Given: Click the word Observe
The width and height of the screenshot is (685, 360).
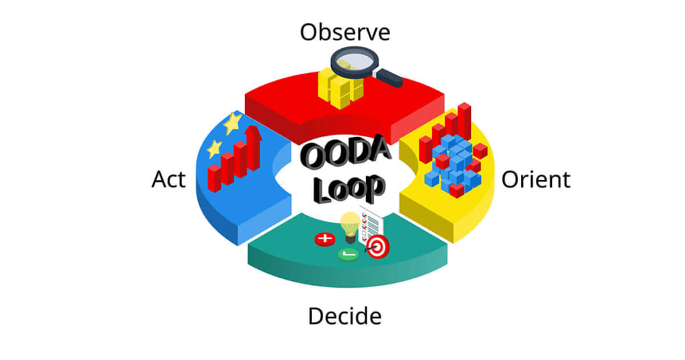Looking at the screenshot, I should coord(345,31).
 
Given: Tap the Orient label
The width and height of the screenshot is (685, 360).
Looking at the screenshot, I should coord(536,180).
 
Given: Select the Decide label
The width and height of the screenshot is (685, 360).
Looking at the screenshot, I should coord(345,316).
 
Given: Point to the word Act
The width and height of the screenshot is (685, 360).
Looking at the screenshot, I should coord(168,180).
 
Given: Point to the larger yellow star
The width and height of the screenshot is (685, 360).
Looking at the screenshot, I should coord(232,123).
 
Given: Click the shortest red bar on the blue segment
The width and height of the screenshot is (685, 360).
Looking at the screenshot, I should coord(214,177).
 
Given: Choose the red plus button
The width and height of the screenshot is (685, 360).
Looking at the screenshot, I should coord(325,238).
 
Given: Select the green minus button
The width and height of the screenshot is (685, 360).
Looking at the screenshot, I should coord(348,254).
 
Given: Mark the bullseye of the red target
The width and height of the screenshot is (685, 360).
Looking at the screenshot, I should coord(377,248).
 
